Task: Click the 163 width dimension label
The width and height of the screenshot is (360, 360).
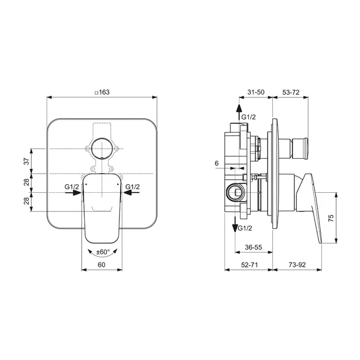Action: [104, 93]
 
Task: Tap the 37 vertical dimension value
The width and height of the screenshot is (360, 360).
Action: [27, 161]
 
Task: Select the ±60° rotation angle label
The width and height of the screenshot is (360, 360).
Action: [103, 252]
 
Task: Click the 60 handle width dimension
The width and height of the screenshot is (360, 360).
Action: [101, 264]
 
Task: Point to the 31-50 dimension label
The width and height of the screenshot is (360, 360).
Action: [256, 92]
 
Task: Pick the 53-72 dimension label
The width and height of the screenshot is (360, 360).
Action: [291, 93]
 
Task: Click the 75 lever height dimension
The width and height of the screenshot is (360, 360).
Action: [331, 218]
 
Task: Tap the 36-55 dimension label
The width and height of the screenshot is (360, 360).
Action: [253, 247]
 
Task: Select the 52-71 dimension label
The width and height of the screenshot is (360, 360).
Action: [250, 264]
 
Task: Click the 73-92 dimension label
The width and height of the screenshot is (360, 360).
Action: [297, 264]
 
